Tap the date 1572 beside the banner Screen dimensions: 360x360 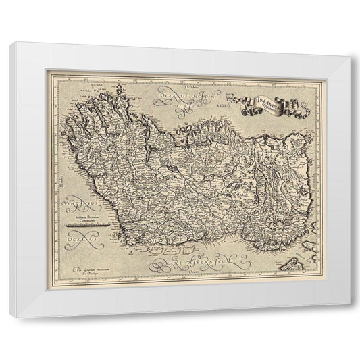[x=215, y=106]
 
